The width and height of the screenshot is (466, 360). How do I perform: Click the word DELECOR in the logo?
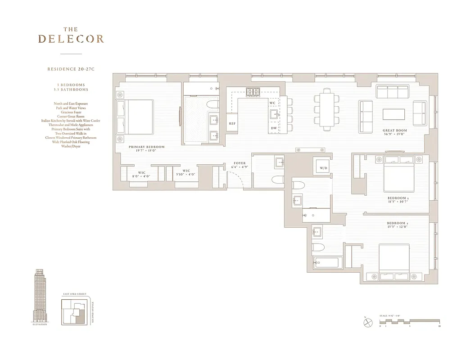pyautogui.click(x=71, y=39)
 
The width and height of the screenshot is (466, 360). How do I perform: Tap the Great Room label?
pyautogui.click(x=395, y=130)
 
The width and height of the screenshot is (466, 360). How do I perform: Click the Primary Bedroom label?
pyautogui.click(x=146, y=147)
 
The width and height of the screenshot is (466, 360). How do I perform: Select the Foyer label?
pyautogui.click(x=240, y=163)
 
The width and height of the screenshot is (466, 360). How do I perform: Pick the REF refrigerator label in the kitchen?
pyautogui.click(x=232, y=123)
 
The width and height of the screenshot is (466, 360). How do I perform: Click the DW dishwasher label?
pyautogui.click(x=274, y=128)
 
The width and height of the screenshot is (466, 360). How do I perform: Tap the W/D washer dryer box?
pyautogui.click(x=323, y=168)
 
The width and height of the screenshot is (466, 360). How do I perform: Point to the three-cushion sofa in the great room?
pyautogui.click(x=393, y=92)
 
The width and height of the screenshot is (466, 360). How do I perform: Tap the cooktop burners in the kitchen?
pyautogui.click(x=253, y=92)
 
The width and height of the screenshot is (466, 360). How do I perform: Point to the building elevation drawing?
pyautogui.click(x=40, y=295)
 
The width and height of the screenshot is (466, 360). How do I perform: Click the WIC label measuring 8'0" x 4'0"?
pyautogui.click(x=141, y=173)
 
